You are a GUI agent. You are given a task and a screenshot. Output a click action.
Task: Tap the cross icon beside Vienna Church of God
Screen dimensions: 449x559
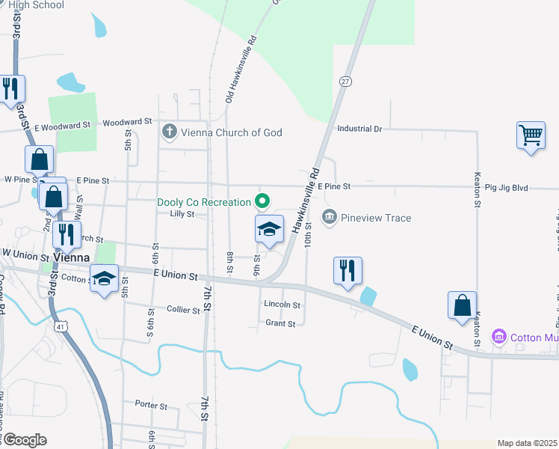[170, 132]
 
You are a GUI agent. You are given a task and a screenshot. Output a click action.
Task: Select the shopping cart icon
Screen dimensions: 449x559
[531, 136]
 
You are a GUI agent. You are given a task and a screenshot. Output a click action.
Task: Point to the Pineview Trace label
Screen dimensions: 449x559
[376, 218]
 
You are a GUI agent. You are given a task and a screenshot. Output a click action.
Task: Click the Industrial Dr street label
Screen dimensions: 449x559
[359, 129]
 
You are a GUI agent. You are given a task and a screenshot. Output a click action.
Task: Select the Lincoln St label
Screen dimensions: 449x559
[282, 305]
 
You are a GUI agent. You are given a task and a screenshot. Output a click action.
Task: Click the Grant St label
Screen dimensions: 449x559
[281, 323]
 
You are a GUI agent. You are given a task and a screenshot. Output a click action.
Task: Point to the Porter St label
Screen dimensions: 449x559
[151, 405]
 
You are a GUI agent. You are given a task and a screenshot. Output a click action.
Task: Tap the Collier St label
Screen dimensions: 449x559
[182, 309]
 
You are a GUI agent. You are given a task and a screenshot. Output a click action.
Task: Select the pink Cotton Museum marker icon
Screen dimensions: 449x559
[498, 337]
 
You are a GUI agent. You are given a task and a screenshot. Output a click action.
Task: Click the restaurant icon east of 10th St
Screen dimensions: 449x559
[348, 270]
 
